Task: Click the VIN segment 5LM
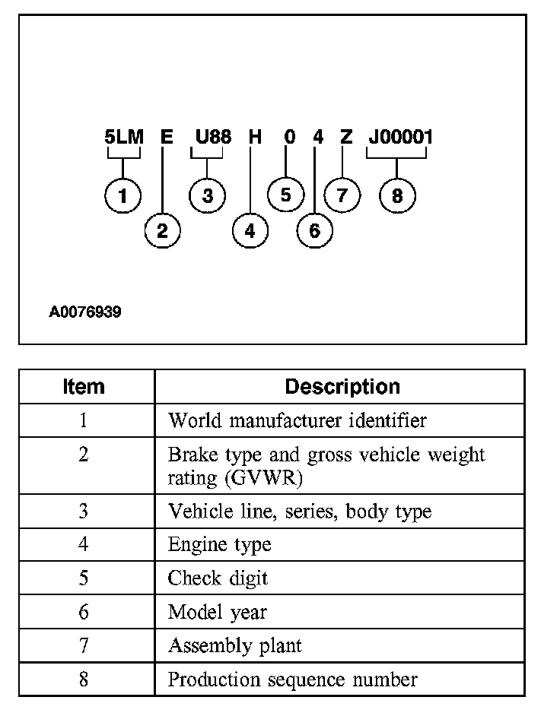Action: pyautogui.click(x=123, y=138)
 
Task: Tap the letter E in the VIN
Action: pyautogui.click(x=167, y=138)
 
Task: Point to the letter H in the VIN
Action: pyautogui.click(x=256, y=138)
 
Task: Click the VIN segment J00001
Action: pyautogui.click(x=400, y=138)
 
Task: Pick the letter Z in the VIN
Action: pyautogui.click(x=346, y=138)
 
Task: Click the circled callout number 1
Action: pyautogui.click(x=123, y=196)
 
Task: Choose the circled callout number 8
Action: pyautogui.click(x=397, y=196)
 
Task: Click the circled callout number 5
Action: pyautogui.click(x=285, y=195)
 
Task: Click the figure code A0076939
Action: pyautogui.click(x=85, y=312)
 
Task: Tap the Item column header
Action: pyautogui.click(x=84, y=386)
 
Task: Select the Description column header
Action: pyautogui.click(x=342, y=386)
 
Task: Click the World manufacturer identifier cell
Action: pyautogui.click(x=297, y=420)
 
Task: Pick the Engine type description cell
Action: pyautogui.click(x=219, y=545)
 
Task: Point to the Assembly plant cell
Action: pyautogui.click(x=234, y=646)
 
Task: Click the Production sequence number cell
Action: pyautogui.click(x=292, y=679)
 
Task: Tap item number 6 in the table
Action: pyautogui.click(x=84, y=612)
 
